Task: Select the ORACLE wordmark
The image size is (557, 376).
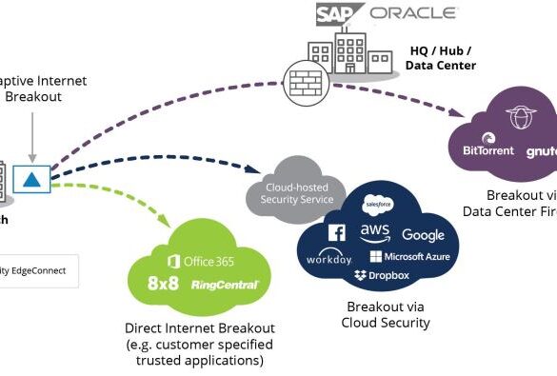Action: click(x=413, y=13)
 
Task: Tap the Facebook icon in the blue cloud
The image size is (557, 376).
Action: click(x=336, y=233)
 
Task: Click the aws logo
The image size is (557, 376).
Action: click(x=374, y=232)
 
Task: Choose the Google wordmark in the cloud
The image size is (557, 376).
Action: click(x=423, y=235)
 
